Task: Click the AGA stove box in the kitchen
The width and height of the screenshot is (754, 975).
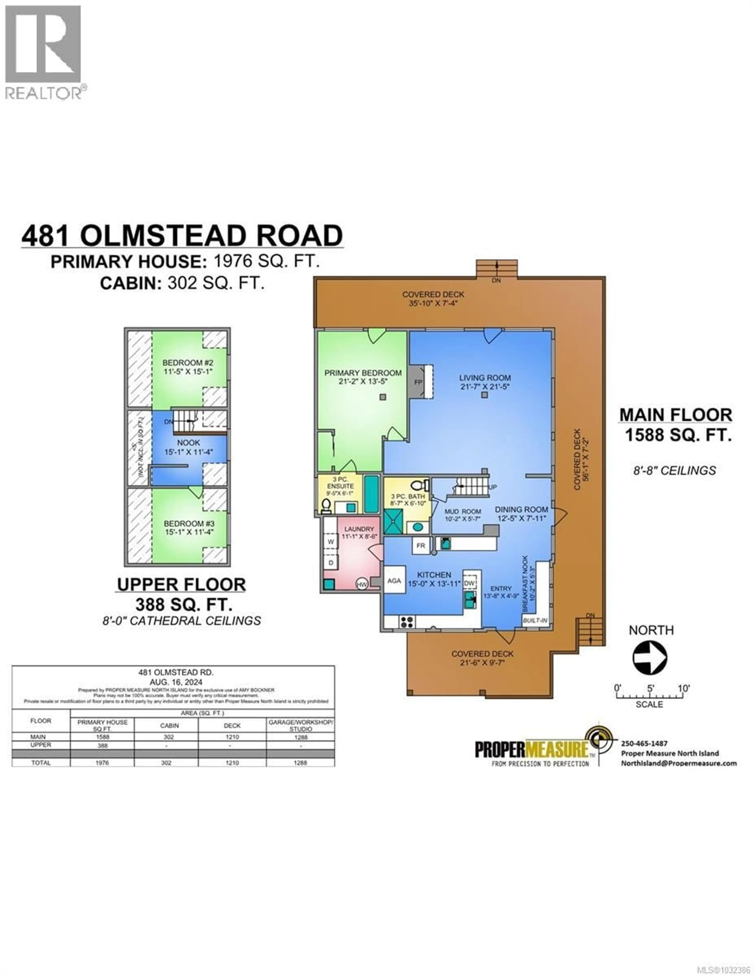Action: click(x=394, y=581)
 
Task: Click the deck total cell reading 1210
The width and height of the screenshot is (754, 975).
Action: click(x=232, y=763)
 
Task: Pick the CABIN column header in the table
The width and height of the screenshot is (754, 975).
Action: click(x=169, y=725)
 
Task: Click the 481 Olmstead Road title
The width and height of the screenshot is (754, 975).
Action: click(x=182, y=236)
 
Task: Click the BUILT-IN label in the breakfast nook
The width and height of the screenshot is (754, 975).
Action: click(x=535, y=621)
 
